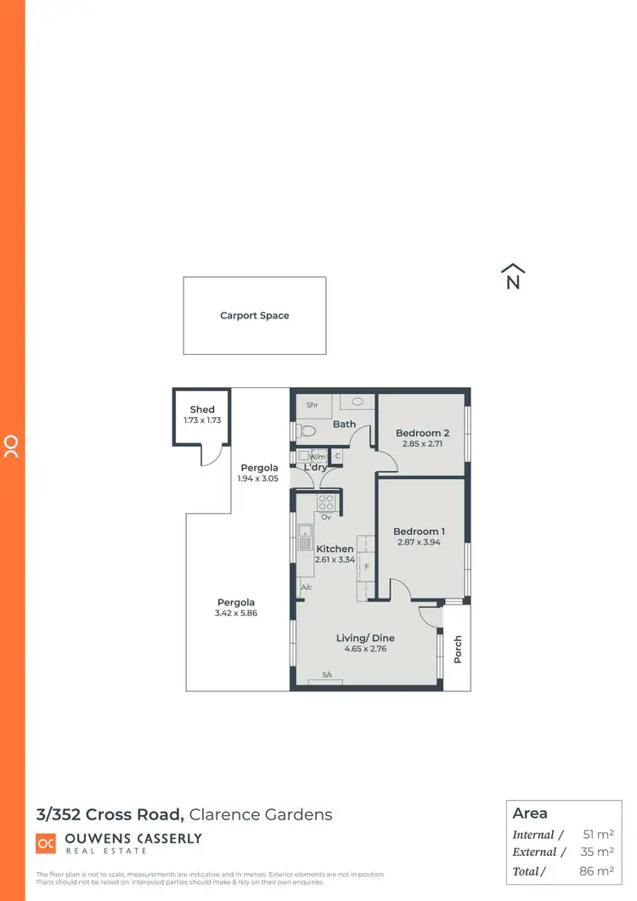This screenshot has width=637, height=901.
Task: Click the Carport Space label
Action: (255, 316)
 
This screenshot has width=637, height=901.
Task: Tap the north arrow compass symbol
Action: (513, 278)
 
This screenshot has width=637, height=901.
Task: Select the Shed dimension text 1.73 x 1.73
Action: (202, 420)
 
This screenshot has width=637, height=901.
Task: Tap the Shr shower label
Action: (312, 405)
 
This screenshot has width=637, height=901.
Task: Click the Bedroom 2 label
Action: (422, 433)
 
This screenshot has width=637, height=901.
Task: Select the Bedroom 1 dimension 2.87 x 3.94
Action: (420, 543)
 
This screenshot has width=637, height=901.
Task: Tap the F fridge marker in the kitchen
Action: (367, 566)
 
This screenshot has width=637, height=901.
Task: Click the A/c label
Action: (307, 588)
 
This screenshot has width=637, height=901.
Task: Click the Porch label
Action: (458, 650)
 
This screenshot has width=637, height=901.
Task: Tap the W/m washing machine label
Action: (317, 457)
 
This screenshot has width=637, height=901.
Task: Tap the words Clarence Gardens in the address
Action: (261, 815)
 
